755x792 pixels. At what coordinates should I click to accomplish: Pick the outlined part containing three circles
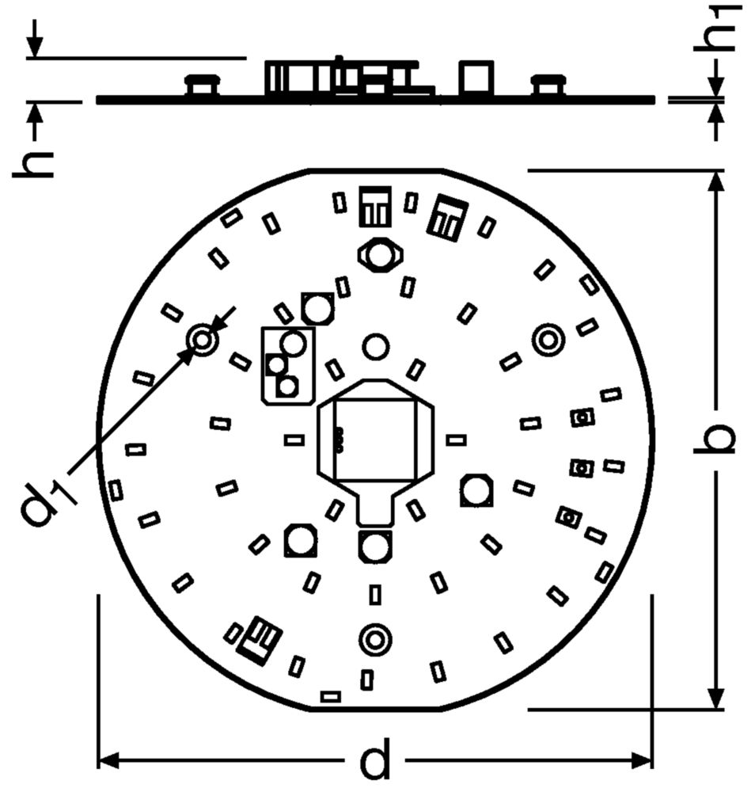click(288, 365)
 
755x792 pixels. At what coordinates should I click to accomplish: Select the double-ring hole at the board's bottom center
click(374, 639)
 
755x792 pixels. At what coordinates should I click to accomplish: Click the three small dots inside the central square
click(341, 440)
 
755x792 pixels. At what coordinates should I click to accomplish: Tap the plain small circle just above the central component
click(376, 346)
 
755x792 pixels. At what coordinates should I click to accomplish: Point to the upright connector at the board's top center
click(375, 206)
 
